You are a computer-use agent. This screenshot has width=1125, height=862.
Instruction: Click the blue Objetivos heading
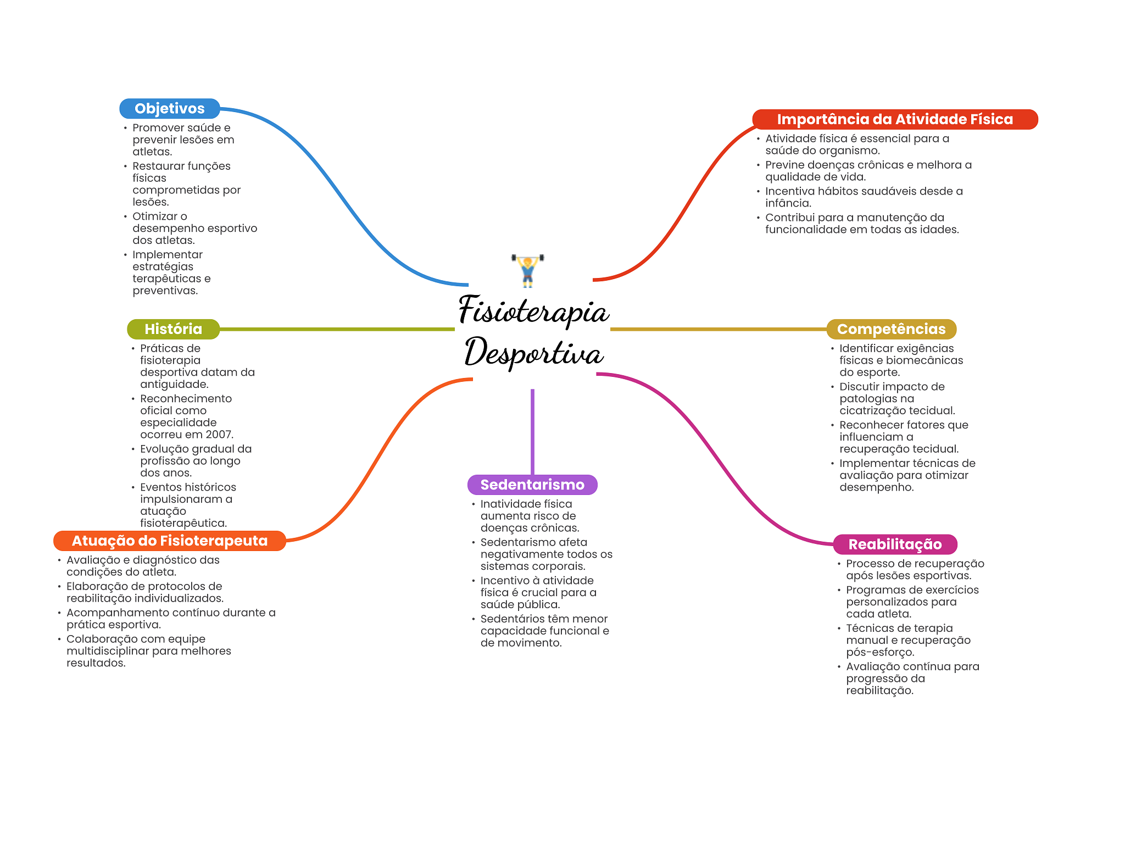(169, 109)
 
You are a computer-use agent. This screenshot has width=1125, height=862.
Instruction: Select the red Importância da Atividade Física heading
(894, 119)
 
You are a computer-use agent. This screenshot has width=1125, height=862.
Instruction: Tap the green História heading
(173, 329)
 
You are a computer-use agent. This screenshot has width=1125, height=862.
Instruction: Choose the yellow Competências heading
(891, 329)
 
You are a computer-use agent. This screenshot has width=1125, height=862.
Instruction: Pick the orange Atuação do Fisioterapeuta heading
(169, 541)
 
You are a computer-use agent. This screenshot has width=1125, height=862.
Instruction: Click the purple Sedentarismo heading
(532, 485)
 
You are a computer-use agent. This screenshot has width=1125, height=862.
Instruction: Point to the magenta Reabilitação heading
(895, 544)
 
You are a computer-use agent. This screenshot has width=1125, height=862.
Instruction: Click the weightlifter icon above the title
(528, 270)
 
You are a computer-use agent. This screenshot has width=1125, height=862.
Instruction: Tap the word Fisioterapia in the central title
(533, 311)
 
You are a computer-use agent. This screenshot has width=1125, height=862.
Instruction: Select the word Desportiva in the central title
(533, 353)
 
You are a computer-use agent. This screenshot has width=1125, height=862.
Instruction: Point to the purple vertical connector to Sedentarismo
(532, 431)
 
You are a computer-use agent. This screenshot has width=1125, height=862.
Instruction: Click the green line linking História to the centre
(336, 329)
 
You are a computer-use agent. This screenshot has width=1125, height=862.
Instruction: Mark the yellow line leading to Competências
(717, 329)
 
